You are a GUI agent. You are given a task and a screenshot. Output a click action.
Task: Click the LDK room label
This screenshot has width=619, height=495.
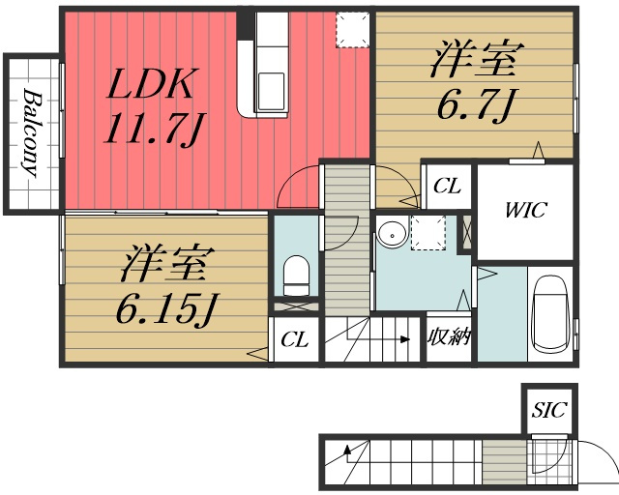pos(151,83)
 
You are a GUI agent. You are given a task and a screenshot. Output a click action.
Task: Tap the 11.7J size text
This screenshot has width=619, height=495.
pos(154,129)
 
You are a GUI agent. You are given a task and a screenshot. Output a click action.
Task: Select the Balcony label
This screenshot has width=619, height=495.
pos(32,132)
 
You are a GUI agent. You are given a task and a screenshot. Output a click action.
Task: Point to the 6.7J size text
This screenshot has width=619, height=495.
pos(477,105)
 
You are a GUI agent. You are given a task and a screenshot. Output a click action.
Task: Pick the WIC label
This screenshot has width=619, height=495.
pos(525,211)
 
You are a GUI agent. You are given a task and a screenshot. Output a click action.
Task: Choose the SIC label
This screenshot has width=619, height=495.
pos(549,410)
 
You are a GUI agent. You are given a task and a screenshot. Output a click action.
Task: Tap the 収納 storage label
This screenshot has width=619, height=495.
pos(449,337)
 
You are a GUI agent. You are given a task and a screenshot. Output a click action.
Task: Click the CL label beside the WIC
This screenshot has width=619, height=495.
pos(447,186)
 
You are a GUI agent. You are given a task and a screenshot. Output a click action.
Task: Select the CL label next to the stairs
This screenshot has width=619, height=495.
pos(294,339)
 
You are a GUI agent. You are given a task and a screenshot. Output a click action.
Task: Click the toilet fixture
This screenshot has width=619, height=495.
pos(297,276)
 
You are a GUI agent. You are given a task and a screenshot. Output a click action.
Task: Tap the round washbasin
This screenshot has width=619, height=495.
pos(392,235)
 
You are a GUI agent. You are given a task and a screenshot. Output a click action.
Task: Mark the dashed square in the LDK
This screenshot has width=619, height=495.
pos(353,30)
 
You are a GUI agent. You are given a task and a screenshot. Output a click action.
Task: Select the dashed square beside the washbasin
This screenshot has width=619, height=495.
pos(428,232)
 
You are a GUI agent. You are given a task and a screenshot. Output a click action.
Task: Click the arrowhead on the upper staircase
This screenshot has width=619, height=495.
pos(404,339)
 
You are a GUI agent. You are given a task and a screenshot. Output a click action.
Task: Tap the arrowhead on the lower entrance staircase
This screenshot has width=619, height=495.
pos(347,450)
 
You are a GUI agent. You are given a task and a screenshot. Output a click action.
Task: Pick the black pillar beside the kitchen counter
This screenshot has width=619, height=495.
pos(245,26)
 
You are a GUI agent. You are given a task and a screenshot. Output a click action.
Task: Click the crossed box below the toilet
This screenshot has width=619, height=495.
pos(297,306)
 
